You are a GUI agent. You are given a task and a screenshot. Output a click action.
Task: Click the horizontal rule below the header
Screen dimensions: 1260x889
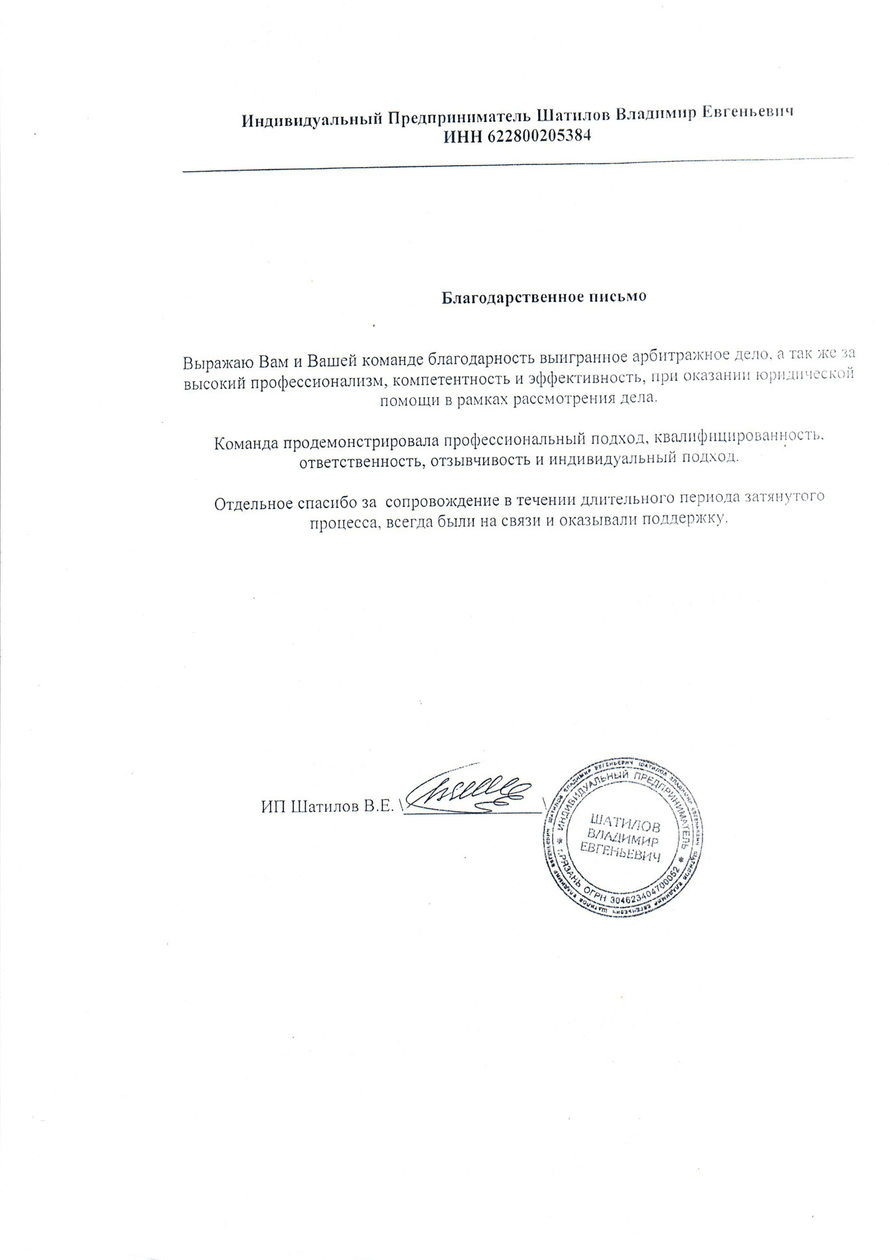[x=517, y=165]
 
